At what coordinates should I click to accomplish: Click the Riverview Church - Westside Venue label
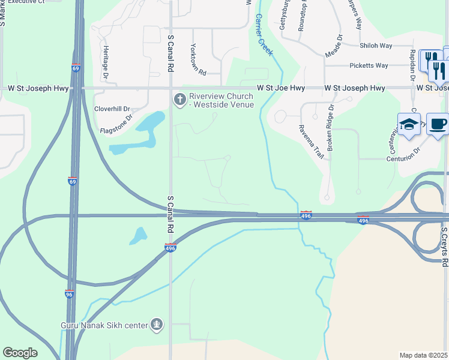[221, 100]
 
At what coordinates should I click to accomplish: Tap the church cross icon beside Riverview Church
[178, 98]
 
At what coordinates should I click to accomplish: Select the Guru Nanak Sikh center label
[104, 326]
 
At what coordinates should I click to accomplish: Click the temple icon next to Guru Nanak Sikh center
[157, 325]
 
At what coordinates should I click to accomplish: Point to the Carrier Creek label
[263, 35]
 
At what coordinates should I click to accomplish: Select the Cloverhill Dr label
[112, 109]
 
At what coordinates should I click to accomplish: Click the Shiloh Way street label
[376, 46]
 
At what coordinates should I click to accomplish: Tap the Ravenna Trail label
[311, 142]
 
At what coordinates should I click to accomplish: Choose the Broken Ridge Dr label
[330, 130]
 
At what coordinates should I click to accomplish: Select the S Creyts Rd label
[444, 247]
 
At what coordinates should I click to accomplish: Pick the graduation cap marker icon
[409, 124]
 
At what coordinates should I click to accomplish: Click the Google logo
[20, 353]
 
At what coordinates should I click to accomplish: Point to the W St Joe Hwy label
[281, 88]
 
